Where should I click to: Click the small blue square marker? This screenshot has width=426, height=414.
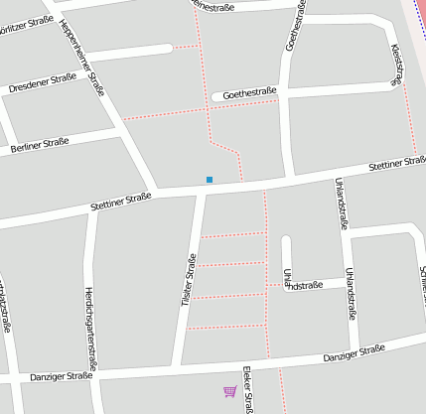point(210,180)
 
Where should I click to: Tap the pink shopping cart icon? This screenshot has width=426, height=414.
point(230,391)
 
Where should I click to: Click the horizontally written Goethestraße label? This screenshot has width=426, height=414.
point(249,93)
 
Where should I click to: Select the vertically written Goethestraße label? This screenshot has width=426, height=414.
point(294,26)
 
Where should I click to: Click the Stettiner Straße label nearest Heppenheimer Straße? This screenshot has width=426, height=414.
point(120,201)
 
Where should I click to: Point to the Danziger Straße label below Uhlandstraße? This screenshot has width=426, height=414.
point(354,352)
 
